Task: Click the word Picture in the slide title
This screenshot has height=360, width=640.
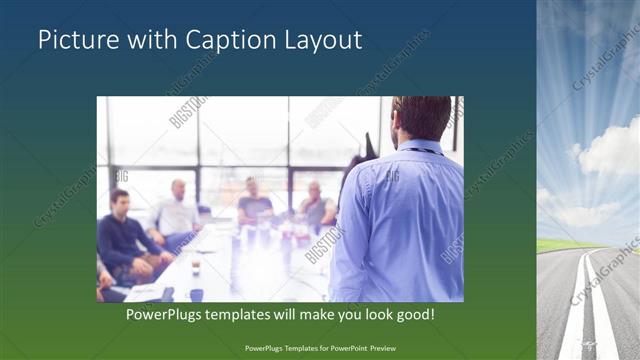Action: click(x=73, y=40)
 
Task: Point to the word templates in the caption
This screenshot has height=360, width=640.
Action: click(x=250, y=314)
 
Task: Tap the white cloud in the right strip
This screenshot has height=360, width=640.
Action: click(x=610, y=150)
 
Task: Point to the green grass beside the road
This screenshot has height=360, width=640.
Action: click(x=560, y=244)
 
